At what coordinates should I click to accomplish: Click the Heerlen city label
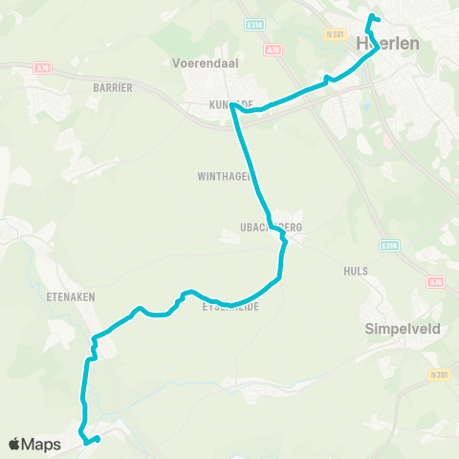384,43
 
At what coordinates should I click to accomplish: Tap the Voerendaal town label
198,63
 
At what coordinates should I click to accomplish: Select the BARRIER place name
112,87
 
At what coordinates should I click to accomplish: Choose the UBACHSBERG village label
272,228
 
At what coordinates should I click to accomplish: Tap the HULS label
356,271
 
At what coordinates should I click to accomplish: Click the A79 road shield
42,67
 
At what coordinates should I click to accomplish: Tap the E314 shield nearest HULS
387,246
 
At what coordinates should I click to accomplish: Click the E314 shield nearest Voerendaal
253,25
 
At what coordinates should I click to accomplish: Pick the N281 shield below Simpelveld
439,374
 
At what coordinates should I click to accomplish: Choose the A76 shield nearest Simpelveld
436,282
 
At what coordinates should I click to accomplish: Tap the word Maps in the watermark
43,444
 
